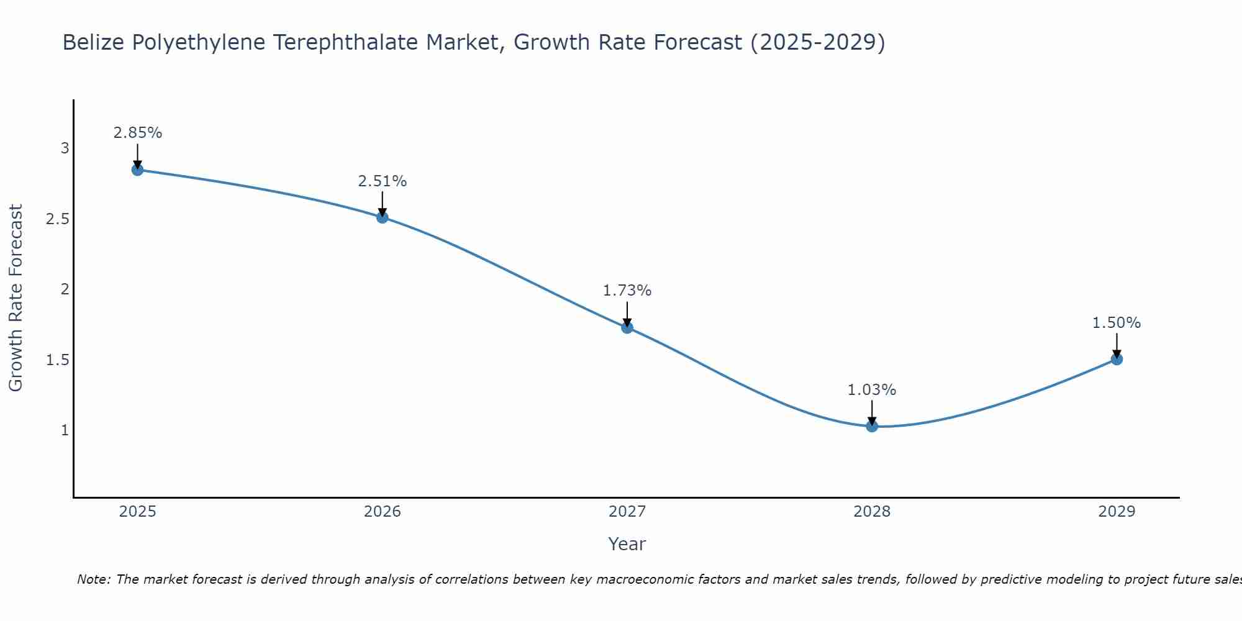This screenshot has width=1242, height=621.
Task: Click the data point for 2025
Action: click(138, 170)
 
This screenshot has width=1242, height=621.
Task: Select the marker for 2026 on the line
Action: click(383, 217)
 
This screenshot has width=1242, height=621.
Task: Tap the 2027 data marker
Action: click(627, 327)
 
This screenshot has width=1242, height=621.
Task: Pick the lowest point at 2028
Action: click(872, 426)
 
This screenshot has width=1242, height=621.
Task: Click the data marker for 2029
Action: click(1117, 359)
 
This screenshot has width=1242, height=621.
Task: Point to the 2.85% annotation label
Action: click(138, 133)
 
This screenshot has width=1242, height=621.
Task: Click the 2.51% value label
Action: click(383, 181)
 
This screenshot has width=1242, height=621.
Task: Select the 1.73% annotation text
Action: click(627, 291)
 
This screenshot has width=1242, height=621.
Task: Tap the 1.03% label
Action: click(872, 390)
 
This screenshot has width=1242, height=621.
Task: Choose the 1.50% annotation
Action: click(1117, 323)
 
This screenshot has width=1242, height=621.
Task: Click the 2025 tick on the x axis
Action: click(138, 512)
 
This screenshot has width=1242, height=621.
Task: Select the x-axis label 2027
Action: click(627, 512)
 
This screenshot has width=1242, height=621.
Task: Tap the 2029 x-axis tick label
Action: click(1117, 512)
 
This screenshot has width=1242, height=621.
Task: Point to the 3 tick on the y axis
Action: click(65, 148)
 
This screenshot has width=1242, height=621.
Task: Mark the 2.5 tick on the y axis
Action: click(58, 219)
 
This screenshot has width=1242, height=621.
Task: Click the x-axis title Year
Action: click(627, 544)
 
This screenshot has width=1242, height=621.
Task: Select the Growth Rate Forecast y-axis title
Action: click(16, 298)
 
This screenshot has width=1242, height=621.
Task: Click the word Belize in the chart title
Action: click(93, 42)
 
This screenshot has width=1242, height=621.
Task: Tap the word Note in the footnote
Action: click(93, 579)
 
